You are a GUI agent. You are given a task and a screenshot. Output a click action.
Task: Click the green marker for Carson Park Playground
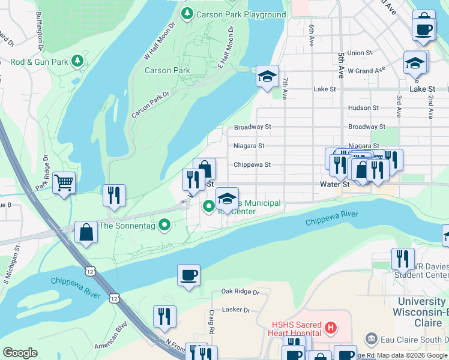pos(188,14)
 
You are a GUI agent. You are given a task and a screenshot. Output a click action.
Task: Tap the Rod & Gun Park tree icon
pos(77,61)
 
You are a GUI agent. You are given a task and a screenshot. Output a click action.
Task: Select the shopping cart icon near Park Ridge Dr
pos(64,182)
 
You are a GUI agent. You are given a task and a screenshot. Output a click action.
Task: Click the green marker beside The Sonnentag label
pos(167,226)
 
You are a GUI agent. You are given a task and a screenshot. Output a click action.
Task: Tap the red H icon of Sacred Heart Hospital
pos(330,328)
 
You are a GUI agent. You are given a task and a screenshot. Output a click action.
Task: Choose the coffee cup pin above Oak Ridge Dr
pos(188,275)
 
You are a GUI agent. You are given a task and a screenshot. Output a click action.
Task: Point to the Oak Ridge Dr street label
pos(240,292)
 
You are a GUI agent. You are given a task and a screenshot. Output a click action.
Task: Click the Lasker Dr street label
pos(236,310)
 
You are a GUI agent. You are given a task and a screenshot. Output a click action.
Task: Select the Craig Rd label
pos(212,323)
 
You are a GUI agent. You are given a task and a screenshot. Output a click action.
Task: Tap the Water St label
pos(334,184)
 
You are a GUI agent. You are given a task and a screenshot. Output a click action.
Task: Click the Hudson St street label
pos(364,108)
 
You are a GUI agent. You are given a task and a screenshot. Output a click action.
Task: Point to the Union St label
pos(360,53)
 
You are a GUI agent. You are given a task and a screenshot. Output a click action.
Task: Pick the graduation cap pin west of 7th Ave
pos(267,76)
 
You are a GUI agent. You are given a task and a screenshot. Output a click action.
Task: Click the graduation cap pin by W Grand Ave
pos(415,62)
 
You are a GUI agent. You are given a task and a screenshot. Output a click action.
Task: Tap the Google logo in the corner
pos(20,353)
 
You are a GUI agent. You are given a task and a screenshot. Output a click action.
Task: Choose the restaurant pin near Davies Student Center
pos(402,259)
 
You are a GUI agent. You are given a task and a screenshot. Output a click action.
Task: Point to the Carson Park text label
pos(167,70)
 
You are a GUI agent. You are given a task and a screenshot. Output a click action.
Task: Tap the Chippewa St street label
pos(252,164)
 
